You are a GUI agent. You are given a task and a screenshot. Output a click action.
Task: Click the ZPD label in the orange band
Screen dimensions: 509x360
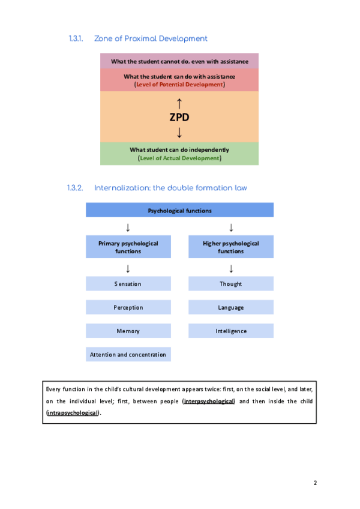[179, 117]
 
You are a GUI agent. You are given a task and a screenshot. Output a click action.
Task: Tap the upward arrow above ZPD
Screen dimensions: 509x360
[179, 103]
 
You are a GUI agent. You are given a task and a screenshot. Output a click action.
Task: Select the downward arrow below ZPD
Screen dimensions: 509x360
[179, 131]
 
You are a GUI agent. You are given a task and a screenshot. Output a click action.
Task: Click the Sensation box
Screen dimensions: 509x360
[128, 284]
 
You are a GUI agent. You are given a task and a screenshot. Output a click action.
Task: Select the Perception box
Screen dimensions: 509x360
[128, 307]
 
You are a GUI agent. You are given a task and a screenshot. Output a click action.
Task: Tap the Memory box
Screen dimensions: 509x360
[128, 331]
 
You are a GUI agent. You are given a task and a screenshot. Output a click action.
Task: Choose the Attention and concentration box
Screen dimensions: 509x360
[128, 354]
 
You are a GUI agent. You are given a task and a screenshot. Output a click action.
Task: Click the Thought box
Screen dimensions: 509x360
[231, 284]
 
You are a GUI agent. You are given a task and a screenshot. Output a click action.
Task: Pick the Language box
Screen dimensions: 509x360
[231, 307]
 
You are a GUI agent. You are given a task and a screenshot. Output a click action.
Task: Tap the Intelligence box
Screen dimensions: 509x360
[231, 331]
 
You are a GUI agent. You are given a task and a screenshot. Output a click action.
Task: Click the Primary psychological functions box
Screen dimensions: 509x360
[128, 247]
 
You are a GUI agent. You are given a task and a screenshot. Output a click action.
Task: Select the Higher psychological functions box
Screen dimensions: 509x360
[231, 247]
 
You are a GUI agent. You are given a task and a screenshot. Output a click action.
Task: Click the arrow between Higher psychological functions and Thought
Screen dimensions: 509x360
[231, 268]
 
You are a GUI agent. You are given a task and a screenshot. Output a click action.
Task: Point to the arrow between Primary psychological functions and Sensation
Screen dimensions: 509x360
[128, 268]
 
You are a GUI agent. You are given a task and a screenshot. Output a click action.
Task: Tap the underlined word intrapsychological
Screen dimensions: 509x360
[73, 413]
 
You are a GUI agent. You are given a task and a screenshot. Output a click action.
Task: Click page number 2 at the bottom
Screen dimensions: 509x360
[314, 483]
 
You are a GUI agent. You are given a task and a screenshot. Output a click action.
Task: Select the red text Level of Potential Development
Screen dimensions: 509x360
[179, 85]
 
